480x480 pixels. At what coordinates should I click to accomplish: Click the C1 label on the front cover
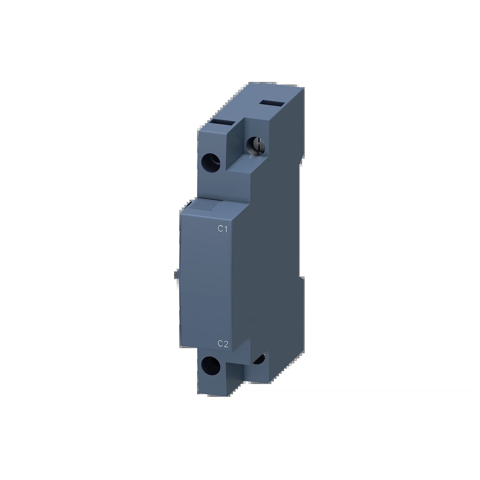pos(222,229)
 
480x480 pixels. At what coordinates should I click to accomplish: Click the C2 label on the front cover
pos(223,344)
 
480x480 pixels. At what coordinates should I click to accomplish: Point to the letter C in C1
pos(220,229)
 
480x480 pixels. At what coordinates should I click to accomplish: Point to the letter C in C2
pos(220,344)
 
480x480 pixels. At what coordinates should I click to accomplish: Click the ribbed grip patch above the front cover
pos(205,205)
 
